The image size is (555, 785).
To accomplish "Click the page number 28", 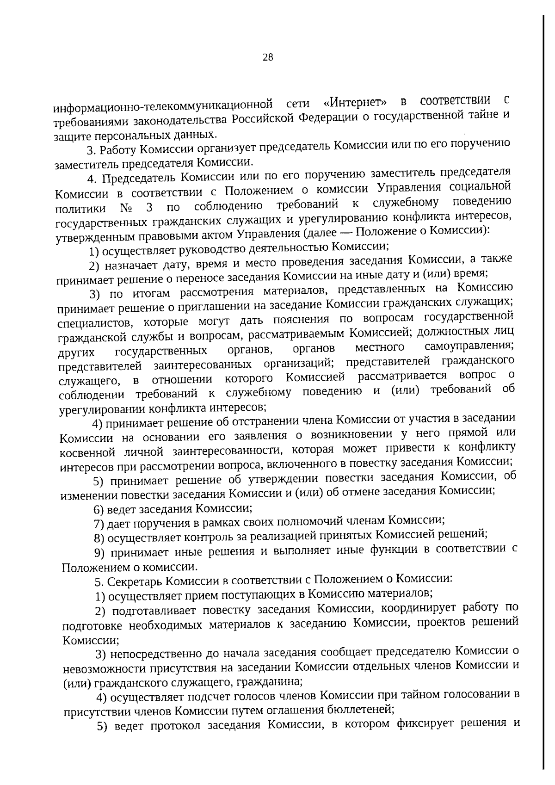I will pyautogui.click(x=268, y=57).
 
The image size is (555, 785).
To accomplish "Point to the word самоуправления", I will pyautogui.click(x=469, y=346).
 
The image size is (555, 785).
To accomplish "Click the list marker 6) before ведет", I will pyautogui.click(x=99, y=509).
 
